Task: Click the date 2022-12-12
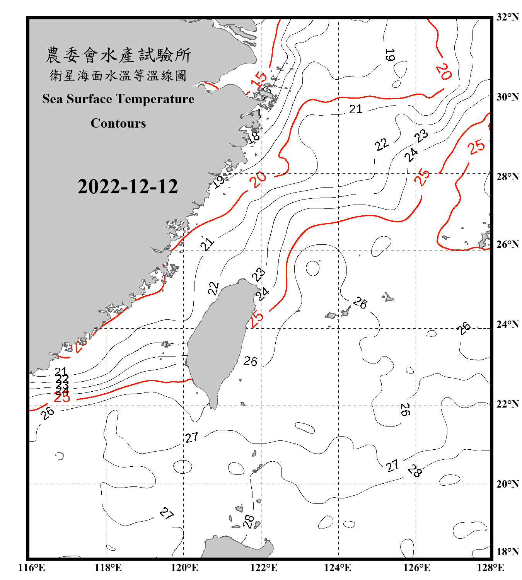(128, 187)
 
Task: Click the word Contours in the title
(118, 123)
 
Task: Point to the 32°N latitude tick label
(507, 17)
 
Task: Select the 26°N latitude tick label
(507, 244)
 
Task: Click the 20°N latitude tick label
(507, 484)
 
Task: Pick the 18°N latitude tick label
(507, 552)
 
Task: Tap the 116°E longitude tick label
(31, 568)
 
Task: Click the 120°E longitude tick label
(184, 568)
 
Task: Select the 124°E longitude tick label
(338, 568)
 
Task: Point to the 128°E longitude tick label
(490, 568)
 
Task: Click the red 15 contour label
(259, 80)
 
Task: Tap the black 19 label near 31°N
(390, 55)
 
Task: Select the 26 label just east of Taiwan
(251, 361)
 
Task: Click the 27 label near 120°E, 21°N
(191, 438)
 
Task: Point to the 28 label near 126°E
(415, 471)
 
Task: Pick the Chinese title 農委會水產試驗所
(118, 55)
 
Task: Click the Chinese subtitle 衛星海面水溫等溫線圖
(118, 75)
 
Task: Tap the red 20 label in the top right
(444, 72)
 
